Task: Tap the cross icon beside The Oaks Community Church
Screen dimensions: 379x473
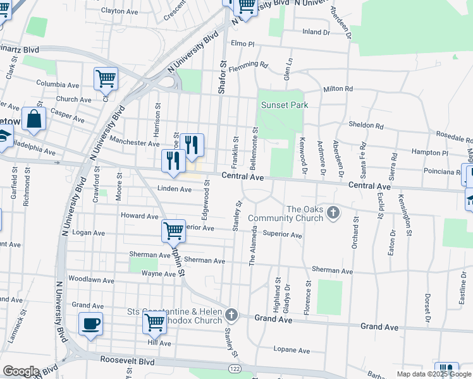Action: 334,214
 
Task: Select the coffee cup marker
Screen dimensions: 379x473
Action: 90,325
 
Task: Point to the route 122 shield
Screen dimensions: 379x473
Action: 235,368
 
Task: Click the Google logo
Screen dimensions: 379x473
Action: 21,371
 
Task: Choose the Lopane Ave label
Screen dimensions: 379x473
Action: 292,350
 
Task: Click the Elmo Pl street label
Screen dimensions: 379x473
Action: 242,44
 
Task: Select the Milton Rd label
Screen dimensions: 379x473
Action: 337,89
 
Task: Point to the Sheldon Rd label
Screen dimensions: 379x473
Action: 366,125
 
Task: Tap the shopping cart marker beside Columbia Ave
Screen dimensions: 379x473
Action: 106,79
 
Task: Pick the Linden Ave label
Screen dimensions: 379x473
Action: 175,189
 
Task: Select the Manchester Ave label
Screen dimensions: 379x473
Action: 134,143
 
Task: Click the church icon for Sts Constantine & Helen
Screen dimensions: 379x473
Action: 232,314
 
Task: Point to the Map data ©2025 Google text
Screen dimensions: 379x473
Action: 434,374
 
